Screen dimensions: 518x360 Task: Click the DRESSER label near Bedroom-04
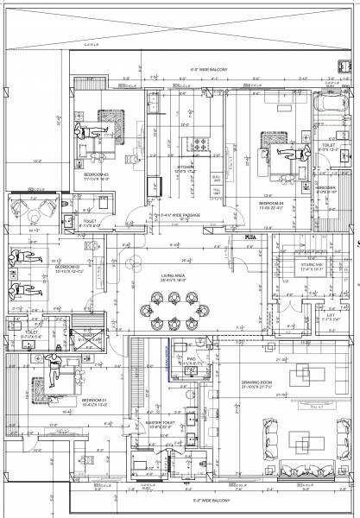coord(329,188)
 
